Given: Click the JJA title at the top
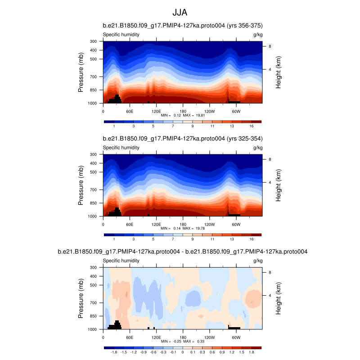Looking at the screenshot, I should [x=180, y=13].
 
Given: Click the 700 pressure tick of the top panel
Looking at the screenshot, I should [x=94, y=77].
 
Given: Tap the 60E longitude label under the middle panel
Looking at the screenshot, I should [x=130, y=224].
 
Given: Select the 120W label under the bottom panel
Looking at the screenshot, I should [x=209, y=337].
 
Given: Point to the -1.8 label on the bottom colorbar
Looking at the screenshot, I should [x=114, y=353].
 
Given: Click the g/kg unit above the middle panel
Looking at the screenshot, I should [x=258, y=148].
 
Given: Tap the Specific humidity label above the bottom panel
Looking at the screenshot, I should [x=121, y=261].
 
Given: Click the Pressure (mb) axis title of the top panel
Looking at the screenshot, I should [x=81, y=72].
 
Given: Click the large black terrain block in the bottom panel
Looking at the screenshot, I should [x=116, y=325].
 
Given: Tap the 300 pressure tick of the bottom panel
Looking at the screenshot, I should [x=94, y=267].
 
